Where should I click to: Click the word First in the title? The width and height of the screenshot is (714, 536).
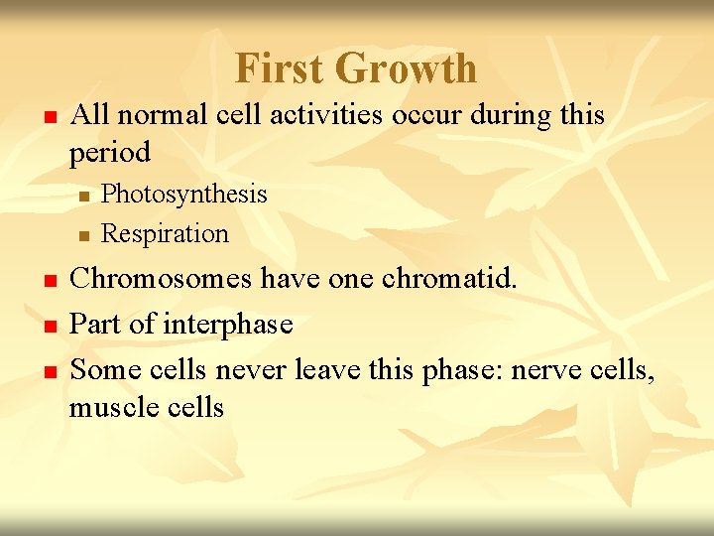tap(280, 68)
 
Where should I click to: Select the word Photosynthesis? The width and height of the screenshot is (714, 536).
tap(184, 194)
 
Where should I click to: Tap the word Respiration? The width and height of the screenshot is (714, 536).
tap(165, 234)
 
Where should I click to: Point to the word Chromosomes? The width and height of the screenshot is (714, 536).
tap(161, 280)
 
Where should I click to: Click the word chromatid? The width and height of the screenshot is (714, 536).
tap(456, 280)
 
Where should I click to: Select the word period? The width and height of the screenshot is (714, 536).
tap(110, 153)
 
